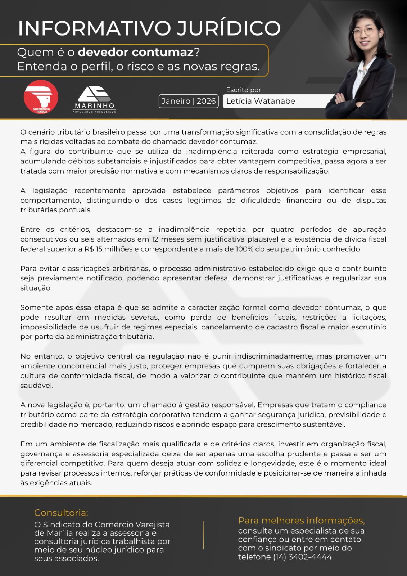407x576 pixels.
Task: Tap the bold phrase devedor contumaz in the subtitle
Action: pyautogui.click(x=136, y=52)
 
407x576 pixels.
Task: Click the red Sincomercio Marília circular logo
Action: pyautogui.click(x=41, y=97)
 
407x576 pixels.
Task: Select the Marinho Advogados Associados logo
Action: pyautogui.click(x=94, y=99)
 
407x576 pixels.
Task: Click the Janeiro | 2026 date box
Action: pyautogui.click(x=188, y=101)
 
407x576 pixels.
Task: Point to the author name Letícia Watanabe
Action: pyautogui.click(x=261, y=101)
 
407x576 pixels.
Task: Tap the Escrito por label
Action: pyautogui.click(x=243, y=90)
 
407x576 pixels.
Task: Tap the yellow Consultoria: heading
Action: pyautogui.click(x=61, y=512)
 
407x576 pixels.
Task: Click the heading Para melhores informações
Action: pyautogui.click(x=301, y=521)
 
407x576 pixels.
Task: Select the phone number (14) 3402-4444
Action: pyautogui.click(x=303, y=557)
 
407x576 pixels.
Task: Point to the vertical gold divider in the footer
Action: pyautogui.click(x=203, y=535)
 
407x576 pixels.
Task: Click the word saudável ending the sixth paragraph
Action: pyautogui.click(x=37, y=386)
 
